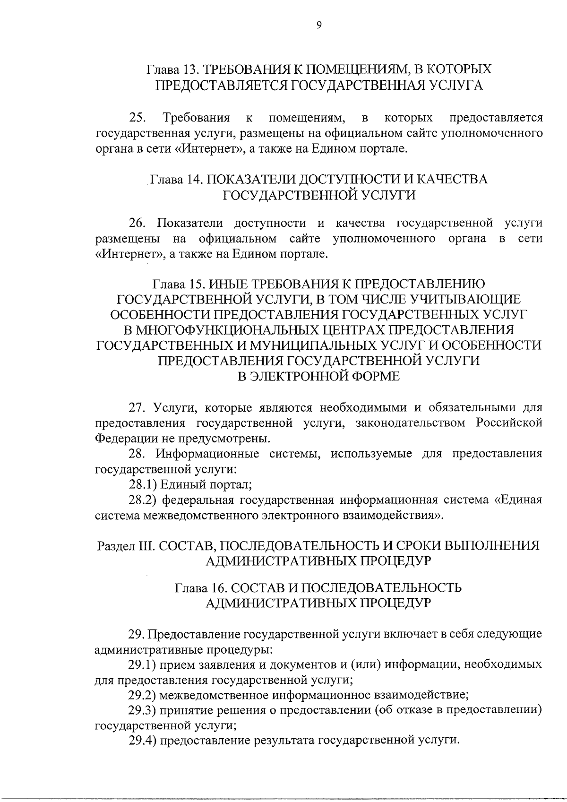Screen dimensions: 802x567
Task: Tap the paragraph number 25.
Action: pyautogui.click(x=137, y=117)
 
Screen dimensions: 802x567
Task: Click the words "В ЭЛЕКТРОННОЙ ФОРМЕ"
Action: pyautogui.click(x=318, y=376)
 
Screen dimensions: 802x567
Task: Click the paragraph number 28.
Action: pyautogui.click(x=137, y=454)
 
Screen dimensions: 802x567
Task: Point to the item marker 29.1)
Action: pyautogui.click(x=143, y=664)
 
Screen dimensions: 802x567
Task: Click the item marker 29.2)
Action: pyautogui.click(x=143, y=695)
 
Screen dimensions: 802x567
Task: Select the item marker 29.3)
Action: pyautogui.click(x=143, y=710)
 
